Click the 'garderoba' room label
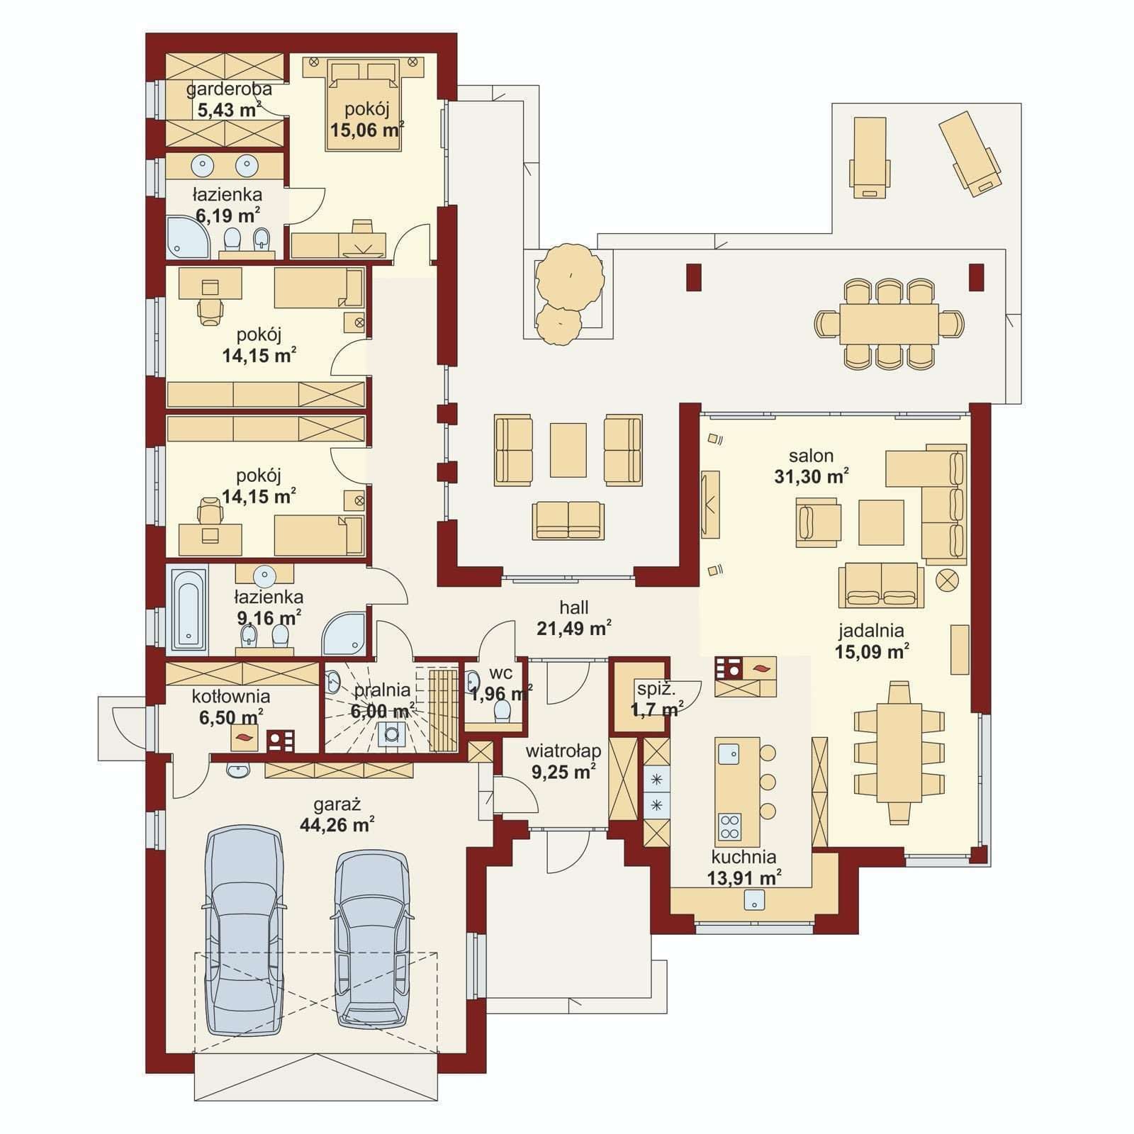click(x=228, y=89)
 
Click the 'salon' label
click(x=812, y=456)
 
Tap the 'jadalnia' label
click(x=871, y=630)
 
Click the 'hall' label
click(x=574, y=607)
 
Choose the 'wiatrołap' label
click(x=563, y=751)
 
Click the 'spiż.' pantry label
click(x=656, y=688)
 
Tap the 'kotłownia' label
click(x=231, y=697)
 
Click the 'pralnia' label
click(x=382, y=690)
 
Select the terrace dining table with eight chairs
click(x=889, y=324)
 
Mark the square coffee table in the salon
click(x=881, y=522)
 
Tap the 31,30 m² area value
click(x=812, y=476)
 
